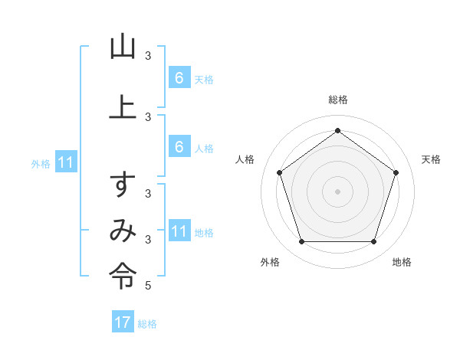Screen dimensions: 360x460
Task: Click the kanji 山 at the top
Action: point(123,47)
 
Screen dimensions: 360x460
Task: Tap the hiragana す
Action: point(123,185)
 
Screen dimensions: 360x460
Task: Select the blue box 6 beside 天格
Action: point(179,78)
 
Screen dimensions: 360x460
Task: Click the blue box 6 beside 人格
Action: point(179,147)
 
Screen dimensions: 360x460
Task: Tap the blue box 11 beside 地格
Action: point(179,231)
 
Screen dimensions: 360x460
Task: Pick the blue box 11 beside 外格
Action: point(66,162)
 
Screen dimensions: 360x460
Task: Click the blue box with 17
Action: point(123,322)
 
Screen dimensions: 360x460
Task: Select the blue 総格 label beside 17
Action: point(147,323)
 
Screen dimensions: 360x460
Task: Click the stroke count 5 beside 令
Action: point(148,286)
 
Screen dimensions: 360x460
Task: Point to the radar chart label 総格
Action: point(337,100)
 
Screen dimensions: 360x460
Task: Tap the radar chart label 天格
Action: point(431,159)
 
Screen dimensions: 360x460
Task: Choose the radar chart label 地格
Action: point(402,262)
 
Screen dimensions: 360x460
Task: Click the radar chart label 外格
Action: point(270,262)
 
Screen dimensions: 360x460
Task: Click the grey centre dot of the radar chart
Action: point(337,191)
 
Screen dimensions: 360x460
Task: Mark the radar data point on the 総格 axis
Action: point(337,130)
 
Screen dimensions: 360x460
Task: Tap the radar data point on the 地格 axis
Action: point(373,241)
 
